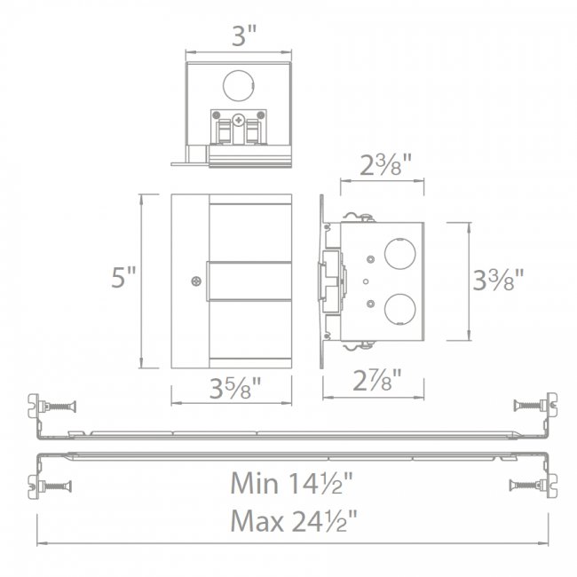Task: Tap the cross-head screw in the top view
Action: point(237,119)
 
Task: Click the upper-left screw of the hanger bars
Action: point(59,406)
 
